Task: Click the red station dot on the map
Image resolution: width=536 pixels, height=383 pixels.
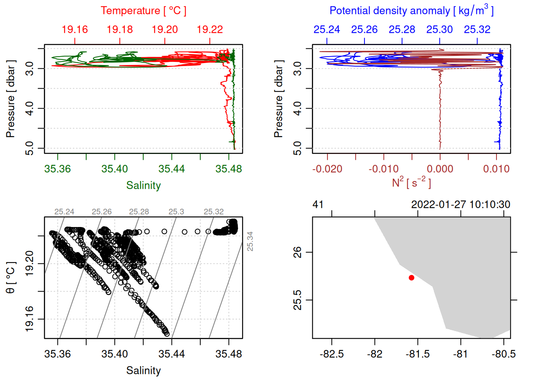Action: tap(412, 278)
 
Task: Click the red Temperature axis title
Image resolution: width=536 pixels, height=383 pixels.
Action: tap(143, 11)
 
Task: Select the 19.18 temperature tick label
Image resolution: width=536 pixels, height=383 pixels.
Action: tap(120, 30)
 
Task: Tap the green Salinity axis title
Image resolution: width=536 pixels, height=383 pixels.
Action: tap(144, 186)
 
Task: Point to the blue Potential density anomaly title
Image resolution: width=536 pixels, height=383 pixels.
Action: tap(411, 11)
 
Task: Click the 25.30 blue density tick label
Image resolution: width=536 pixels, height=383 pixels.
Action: tap(439, 30)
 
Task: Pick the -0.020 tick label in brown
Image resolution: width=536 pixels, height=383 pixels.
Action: tap(327, 169)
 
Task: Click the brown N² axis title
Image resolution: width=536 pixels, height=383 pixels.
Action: tap(411, 183)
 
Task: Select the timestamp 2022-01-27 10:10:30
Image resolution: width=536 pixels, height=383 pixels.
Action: tap(461, 205)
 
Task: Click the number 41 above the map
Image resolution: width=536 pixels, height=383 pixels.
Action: tap(318, 205)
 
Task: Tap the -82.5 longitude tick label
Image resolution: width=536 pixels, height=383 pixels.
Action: tap(332, 354)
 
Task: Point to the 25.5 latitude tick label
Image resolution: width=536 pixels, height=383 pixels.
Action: tap(298, 300)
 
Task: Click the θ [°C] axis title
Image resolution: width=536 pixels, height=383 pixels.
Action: tap(11, 278)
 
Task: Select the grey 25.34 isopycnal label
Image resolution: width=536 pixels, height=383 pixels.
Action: tap(250, 241)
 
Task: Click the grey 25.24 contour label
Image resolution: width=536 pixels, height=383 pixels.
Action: tap(64, 212)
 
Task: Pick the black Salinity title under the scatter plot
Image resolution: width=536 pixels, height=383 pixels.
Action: tap(144, 371)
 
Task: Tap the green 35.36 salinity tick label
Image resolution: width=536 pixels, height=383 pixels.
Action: tap(57, 169)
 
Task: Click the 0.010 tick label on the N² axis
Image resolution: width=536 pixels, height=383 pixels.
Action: tap(496, 169)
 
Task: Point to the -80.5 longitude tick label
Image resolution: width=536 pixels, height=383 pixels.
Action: tap(504, 354)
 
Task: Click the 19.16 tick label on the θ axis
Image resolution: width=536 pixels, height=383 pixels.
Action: tap(30, 319)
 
